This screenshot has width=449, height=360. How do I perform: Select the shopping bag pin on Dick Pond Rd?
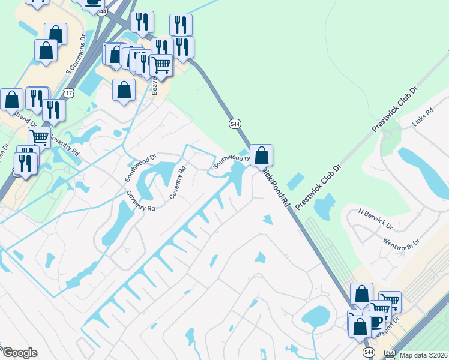pos(261,155)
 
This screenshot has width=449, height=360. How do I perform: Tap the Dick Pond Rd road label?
pos(277,187)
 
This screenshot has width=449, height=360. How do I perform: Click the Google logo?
pos(19,353)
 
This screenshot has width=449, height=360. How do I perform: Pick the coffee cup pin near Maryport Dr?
pos(375,320)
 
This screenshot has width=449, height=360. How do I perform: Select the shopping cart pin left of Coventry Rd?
pos(39,137)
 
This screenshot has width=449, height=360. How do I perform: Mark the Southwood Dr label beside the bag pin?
pos(231,160)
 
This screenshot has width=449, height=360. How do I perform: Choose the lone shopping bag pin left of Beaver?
pos(124,91)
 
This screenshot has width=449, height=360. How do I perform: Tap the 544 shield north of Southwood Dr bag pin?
pos(235,124)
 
